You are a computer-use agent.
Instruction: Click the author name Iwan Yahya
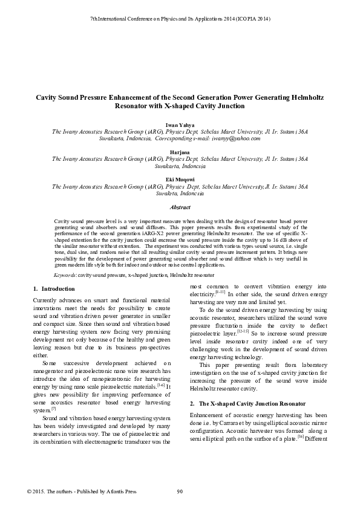point(180,125)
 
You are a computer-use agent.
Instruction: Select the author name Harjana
point(180,152)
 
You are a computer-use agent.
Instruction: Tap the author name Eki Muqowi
point(180,180)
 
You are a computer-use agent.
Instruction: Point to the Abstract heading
point(180,207)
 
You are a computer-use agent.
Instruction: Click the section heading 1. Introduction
point(54,288)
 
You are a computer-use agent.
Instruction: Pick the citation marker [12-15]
point(243,332)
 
